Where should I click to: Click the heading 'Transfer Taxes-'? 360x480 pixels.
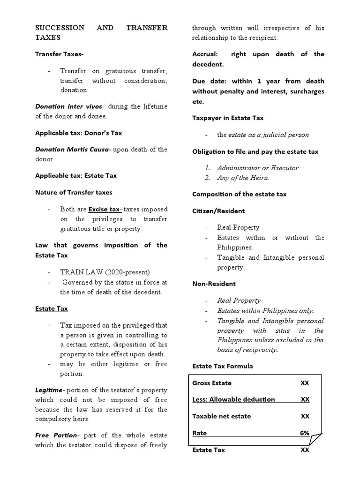pyautogui.click(x=60, y=54)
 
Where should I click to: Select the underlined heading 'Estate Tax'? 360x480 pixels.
pyautogui.click(x=52, y=308)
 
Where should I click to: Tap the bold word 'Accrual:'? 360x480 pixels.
pyautogui.click(x=206, y=54)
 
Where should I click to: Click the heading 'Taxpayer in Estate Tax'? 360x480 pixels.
pyautogui.click(x=228, y=118)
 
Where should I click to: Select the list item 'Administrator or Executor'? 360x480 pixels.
pyautogui.click(x=258, y=168)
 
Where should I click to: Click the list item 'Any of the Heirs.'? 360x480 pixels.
pyautogui.click(x=243, y=178)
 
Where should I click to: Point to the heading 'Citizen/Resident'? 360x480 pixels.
pyautogui.click(x=218, y=211)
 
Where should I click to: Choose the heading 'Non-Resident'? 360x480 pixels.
pyautogui.click(x=214, y=284)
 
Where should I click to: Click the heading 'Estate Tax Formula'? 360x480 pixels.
pyautogui.click(x=223, y=366)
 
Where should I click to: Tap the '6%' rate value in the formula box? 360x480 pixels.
pyautogui.click(x=305, y=433)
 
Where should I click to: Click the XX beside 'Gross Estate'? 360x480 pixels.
pyautogui.click(x=305, y=383)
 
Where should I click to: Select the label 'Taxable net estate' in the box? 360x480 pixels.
pyautogui.click(x=222, y=416)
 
